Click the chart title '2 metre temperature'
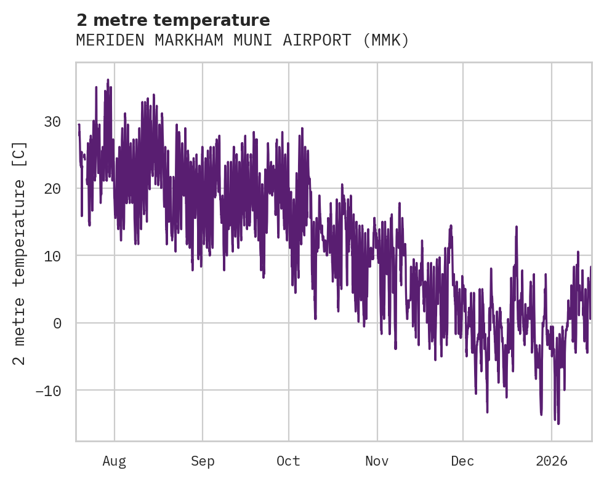tap(173, 20)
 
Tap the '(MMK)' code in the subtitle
tap(385, 41)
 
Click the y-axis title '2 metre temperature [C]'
tap(20, 253)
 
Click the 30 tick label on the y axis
tap(52, 122)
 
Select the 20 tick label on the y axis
tap(52, 189)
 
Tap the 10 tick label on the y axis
tap(52, 256)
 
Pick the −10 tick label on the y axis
tap(47, 391)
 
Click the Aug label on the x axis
tap(115, 461)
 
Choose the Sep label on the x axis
tap(202, 461)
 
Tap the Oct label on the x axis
tap(288, 461)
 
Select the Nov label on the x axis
tap(377, 461)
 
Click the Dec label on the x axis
tap(462, 461)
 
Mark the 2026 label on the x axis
tap(552, 461)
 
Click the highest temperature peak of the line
tap(108, 80)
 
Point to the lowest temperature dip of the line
tap(558, 423)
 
